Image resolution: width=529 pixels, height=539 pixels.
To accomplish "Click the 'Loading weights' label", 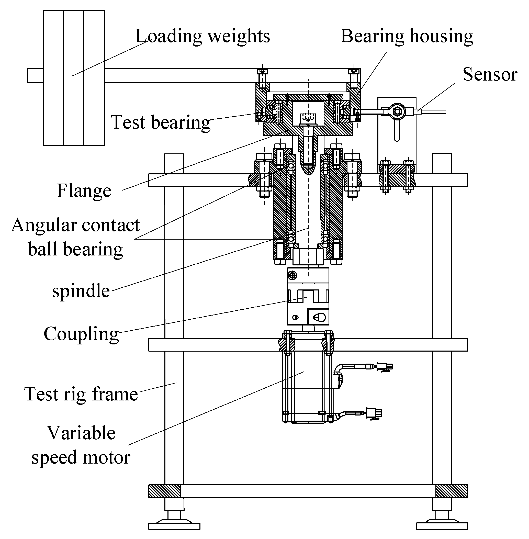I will click(202, 36).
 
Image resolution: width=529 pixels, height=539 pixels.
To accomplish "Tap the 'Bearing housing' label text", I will click(407, 36).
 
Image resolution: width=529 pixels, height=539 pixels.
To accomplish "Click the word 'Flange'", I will click(84, 190).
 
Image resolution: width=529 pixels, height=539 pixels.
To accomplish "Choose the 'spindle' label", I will click(81, 291).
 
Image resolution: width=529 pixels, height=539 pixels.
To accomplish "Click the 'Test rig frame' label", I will click(81, 394).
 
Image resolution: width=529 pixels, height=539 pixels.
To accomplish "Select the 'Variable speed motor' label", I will click(81, 445).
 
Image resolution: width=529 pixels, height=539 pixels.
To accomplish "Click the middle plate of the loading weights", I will click(74, 78).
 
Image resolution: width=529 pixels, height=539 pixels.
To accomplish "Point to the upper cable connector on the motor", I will click(384, 367).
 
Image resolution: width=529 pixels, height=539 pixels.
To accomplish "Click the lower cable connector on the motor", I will click(374, 413).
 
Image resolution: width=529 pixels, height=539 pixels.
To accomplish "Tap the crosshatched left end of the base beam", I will click(164, 491).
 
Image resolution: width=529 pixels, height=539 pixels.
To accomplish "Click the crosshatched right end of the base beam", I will click(452, 491).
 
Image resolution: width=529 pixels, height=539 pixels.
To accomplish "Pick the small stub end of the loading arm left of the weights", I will click(35, 76).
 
